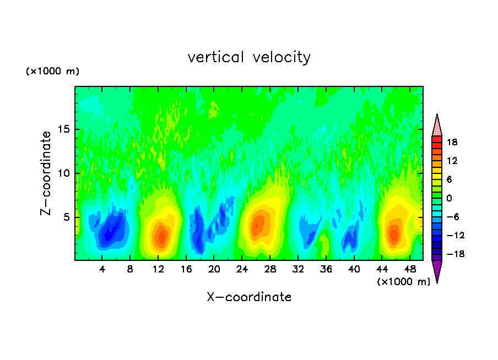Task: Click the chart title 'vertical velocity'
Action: pyautogui.click(x=249, y=57)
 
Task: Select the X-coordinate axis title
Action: pyautogui.click(x=249, y=297)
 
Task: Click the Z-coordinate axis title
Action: pyautogui.click(x=47, y=173)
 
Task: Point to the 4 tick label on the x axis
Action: pyautogui.click(x=102, y=269)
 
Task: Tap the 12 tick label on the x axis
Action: pyautogui.click(x=158, y=269)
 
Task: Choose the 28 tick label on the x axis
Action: pyautogui.click(x=270, y=269)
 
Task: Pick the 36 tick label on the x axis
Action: pyautogui.click(x=326, y=269)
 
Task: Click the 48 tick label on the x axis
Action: pyautogui.click(x=409, y=269)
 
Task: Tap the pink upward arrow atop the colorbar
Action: pyautogui.click(x=437, y=126)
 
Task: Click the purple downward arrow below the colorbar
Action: pyautogui.click(x=437, y=271)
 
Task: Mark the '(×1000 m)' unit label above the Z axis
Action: pyautogui.click(x=53, y=72)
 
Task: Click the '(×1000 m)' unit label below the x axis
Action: pyautogui.click(x=403, y=282)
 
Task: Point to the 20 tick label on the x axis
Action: pyautogui.click(x=214, y=269)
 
